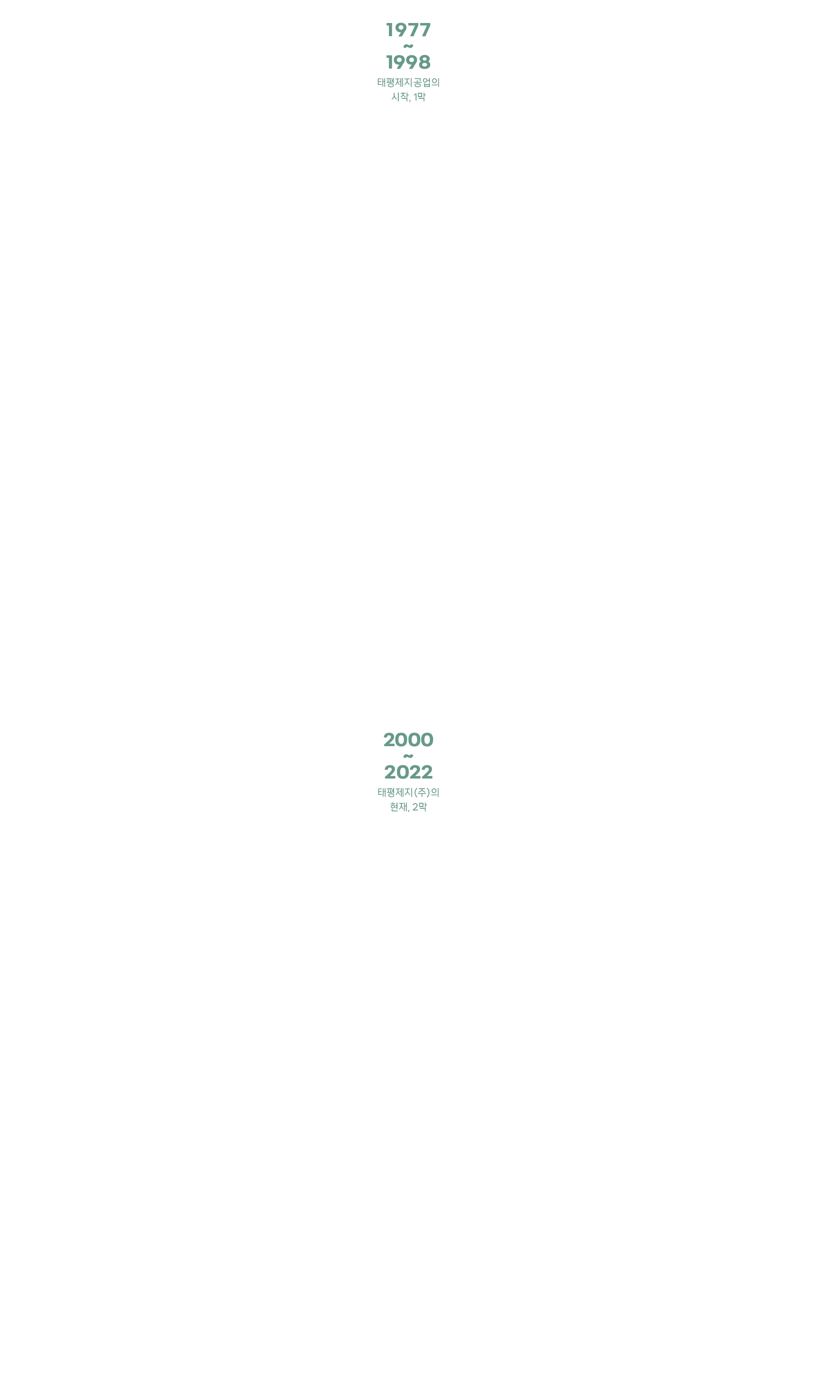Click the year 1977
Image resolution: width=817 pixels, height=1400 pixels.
[x=408, y=30]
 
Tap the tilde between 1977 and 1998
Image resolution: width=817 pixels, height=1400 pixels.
[x=408, y=46]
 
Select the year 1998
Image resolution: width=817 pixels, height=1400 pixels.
[x=408, y=62]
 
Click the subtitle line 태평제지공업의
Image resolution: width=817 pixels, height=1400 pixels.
[x=408, y=82]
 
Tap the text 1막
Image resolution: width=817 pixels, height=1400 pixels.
[x=419, y=97]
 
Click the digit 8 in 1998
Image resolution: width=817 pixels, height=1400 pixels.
[x=425, y=62]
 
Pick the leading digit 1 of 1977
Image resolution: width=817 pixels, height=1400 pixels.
[x=389, y=30]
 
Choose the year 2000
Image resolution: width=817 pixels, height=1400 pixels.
[x=408, y=740]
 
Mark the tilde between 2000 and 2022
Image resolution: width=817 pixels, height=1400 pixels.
[x=408, y=756]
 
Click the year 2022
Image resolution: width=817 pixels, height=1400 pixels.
[x=408, y=772]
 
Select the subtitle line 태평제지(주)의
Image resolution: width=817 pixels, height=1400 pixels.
[x=408, y=792]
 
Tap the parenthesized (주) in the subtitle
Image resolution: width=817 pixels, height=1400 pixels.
[x=422, y=792]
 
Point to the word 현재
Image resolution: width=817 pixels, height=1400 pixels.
[x=398, y=807]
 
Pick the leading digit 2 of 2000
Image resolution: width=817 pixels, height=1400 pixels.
[x=389, y=740]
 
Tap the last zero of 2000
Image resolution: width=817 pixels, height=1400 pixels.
[x=427, y=740]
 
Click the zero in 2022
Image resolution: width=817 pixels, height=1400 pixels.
[x=402, y=772]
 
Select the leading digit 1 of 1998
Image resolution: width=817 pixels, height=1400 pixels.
[x=389, y=62]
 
